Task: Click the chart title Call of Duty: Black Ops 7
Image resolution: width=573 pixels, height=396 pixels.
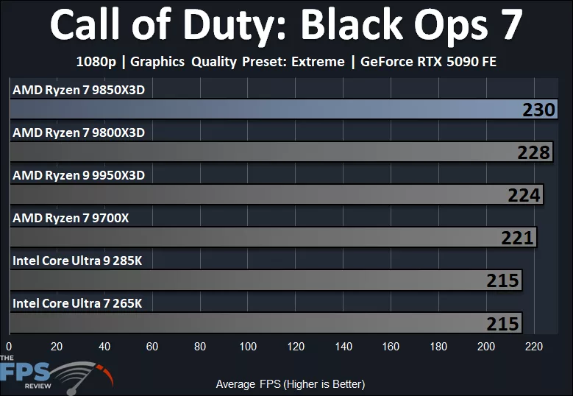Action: [x=286, y=26]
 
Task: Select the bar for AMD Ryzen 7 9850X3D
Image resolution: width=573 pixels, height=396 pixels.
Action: [x=265, y=110]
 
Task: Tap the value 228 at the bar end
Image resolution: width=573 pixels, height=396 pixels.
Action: [x=533, y=152]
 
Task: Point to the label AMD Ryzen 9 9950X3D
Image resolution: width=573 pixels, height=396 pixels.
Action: [x=79, y=175]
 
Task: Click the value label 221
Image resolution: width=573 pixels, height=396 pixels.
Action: [x=516, y=238]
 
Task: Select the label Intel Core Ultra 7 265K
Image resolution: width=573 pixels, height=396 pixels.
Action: [x=76, y=303]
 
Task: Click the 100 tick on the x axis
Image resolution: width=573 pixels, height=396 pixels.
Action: [x=248, y=347]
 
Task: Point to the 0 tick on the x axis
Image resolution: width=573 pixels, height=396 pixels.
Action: [x=9, y=347]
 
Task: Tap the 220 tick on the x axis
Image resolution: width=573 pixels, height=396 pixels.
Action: [x=534, y=347]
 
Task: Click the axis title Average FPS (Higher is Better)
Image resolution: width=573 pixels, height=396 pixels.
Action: [x=290, y=384]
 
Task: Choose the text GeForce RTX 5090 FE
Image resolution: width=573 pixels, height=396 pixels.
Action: [x=428, y=62]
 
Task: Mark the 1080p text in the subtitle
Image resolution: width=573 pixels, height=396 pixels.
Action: [x=96, y=62]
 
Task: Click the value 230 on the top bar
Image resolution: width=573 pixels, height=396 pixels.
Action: [x=538, y=110]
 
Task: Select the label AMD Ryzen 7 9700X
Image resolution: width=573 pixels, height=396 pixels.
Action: [x=71, y=218]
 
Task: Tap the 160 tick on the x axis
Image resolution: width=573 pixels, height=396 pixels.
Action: [x=391, y=347]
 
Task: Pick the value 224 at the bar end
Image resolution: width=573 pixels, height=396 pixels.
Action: [x=524, y=195]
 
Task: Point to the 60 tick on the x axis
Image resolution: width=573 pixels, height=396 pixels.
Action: [x=152, y=347]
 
